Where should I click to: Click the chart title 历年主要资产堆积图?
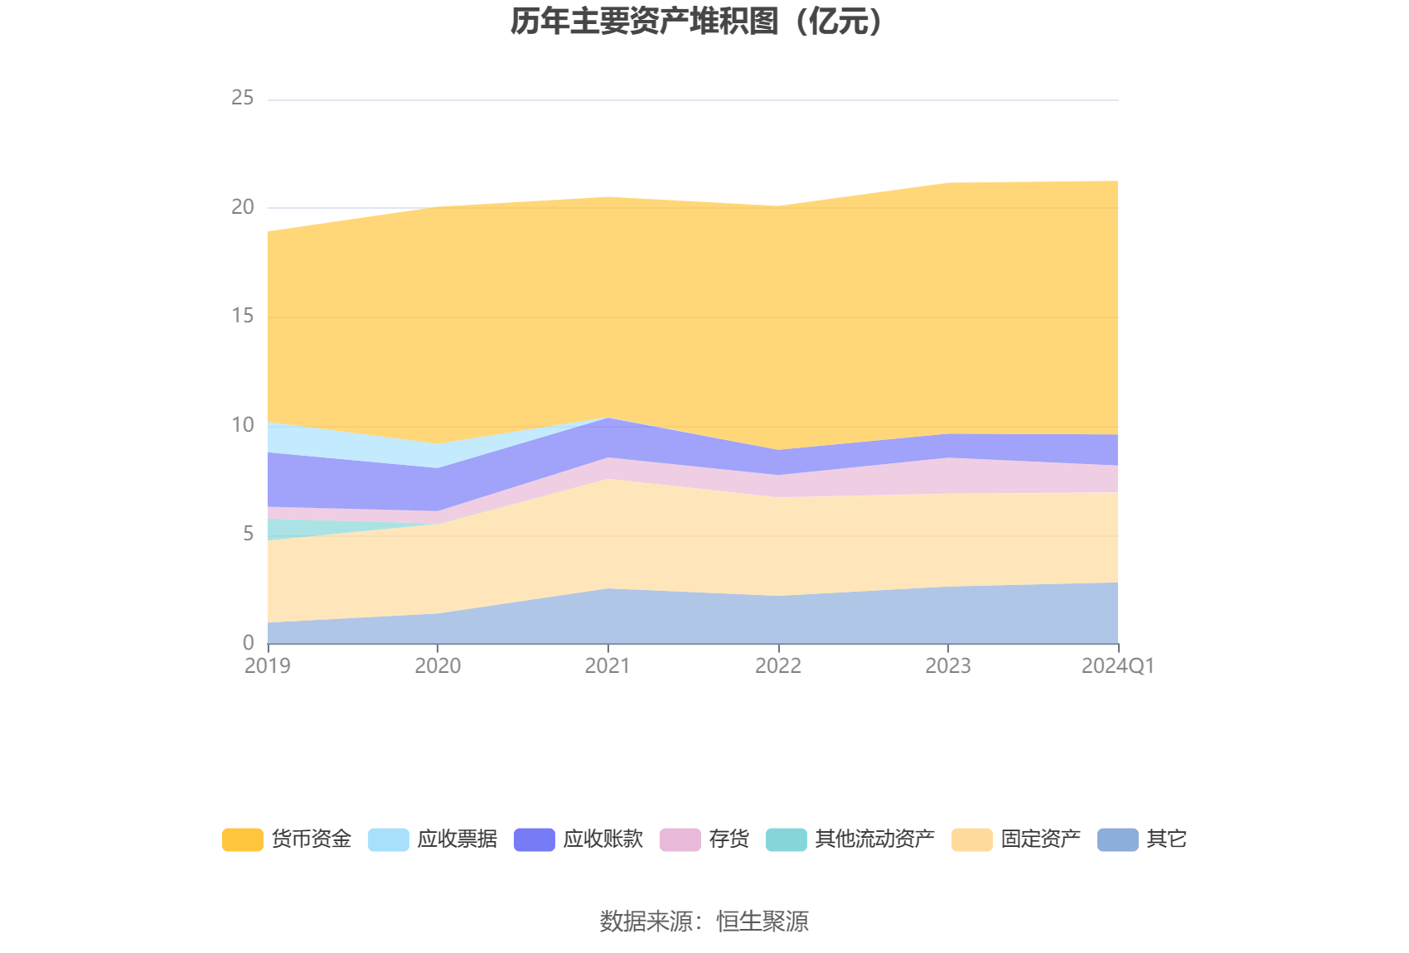click(697, 22)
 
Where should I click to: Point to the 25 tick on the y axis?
click(243, 98)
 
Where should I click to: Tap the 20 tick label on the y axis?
click(243, 207)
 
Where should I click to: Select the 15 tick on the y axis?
click(243, 316)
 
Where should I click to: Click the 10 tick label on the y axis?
click(243, 425)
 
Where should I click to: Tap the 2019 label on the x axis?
click(268, 665)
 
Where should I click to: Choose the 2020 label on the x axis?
click(438, 665)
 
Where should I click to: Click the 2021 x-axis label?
click(608, 665)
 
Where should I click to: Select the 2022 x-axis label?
click(778, 665)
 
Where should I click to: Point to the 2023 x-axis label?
click(948, 665)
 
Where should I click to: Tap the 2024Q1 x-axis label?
click(1117, 665)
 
